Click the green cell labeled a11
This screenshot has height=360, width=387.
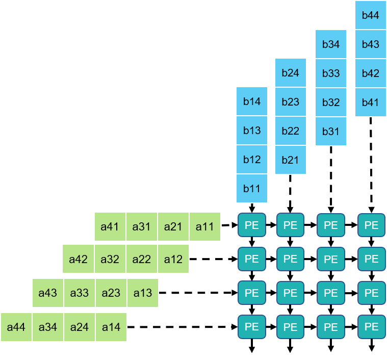point(205,226)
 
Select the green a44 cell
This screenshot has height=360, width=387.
point(16,327)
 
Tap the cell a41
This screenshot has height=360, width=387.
point(110,226)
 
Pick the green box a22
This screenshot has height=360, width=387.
point(141,259)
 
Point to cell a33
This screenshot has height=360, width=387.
point(80,293)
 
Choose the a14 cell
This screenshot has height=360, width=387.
point(111,327)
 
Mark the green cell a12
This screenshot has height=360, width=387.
point(173,259)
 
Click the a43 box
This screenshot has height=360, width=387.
point(48,293)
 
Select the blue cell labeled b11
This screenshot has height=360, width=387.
point(252,189)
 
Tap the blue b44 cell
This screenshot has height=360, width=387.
point(371,15)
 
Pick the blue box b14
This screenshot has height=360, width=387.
point(252,101)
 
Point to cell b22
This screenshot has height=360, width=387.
point(291,131)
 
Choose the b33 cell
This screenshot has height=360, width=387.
point(331,73)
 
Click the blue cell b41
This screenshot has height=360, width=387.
point(371,102)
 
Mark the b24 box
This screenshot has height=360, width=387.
point(291,72)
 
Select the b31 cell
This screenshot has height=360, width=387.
point(331,131)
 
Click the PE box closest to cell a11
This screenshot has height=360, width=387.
point(252,225)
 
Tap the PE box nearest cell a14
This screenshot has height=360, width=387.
point(252,326)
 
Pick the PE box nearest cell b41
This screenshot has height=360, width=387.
point(371,225)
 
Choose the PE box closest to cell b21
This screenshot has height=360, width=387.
point(290,225)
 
